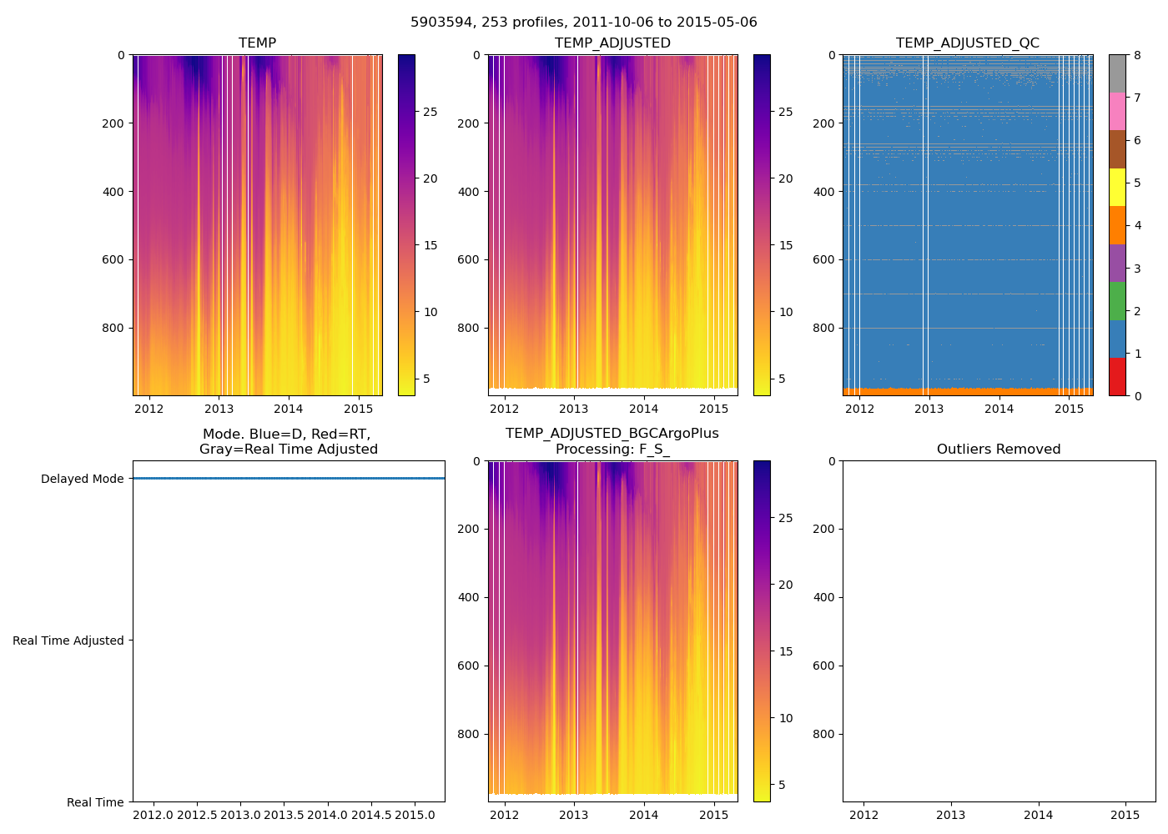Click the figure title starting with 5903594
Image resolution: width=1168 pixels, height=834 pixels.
click(583, 23)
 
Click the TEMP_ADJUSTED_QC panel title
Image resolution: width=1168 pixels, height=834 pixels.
click(967, 43)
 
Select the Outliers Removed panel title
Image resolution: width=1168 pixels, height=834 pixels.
click(998, 450)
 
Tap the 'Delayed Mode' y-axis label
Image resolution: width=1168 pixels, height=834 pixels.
click(82, 479)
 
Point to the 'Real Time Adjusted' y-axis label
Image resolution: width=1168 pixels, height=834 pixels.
click(68, 641)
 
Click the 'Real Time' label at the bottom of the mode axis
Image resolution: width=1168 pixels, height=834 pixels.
click(95, 802)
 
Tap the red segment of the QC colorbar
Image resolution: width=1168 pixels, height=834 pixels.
click(1117, 376)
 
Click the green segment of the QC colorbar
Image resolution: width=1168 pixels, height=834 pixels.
click(1117, 301)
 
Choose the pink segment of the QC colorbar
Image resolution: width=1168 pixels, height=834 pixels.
click(1117, 111)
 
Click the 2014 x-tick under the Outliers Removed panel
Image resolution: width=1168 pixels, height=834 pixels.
click(1038, 815)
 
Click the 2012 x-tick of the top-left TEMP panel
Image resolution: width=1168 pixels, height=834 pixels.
click(149, 409)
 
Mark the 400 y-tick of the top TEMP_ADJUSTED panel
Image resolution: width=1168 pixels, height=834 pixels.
click(469, 192)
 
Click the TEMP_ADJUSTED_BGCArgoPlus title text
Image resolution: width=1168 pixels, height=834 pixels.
click(612, 434)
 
